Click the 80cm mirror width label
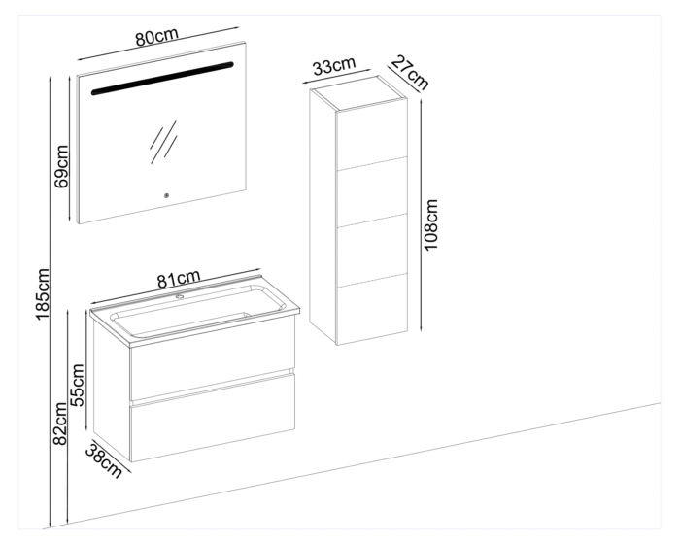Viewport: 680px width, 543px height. (156, 38)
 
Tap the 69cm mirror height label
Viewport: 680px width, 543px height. (61, 166)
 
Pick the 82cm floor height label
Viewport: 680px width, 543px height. (59, 425)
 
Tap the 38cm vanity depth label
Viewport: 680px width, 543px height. (103, 458)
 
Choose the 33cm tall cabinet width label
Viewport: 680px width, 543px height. (334, 67)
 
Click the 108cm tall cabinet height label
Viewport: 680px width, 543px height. (432, 225)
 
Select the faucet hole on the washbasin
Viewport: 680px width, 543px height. (180, 296)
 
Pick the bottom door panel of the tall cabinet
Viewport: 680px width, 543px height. (372, 308)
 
